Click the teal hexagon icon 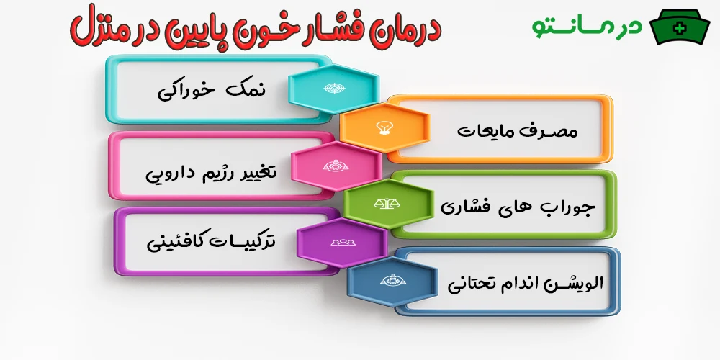pos(333,88)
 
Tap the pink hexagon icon pos(336,166)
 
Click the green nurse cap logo pos(679,27)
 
